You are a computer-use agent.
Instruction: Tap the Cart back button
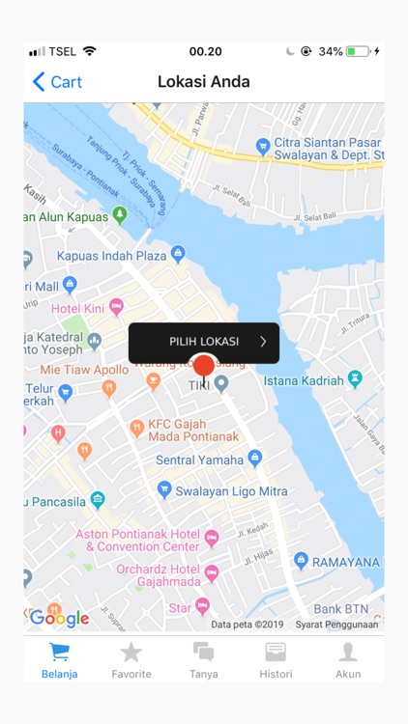[57, 82]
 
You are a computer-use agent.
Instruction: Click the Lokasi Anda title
[204, 82]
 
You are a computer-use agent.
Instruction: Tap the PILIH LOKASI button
[204, 342]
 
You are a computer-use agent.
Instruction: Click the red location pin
[203, 369]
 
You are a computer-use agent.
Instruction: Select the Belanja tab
[59, 660]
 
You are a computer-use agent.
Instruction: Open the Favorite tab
[131, 660]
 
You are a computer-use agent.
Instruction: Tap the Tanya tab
[204, 660]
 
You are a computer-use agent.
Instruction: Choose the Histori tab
[276, 660]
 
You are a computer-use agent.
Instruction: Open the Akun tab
[348, 660]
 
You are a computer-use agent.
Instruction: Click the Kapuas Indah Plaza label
[112, 256]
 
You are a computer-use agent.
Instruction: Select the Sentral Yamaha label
[200, 459]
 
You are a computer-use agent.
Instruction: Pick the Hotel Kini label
[77, 308]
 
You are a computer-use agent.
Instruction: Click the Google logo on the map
[59, 619]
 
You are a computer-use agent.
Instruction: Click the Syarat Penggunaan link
[336, 625]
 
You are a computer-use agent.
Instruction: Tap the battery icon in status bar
[358, 51]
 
